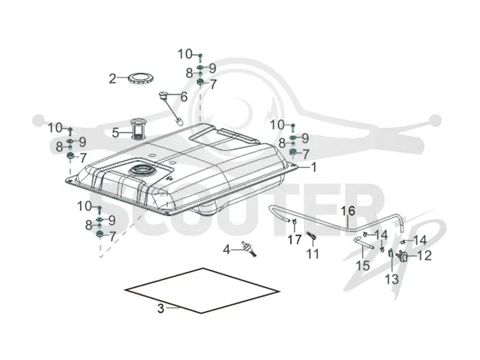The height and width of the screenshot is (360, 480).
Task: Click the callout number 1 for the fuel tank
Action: pyautogui.click(x=313, y=167)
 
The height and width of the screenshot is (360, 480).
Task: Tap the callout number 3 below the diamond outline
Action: pyautogui.click(x=161, y=308)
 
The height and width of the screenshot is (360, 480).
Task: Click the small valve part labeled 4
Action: pyautogui.click(x=248, y=248)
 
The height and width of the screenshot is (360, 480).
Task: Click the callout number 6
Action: pyautogui.click(x=184, y=97)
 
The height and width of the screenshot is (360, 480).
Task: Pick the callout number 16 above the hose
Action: pyautogui.click(x=348, y=211)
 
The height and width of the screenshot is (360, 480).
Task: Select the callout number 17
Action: pyautogui.click(x=295, y=239)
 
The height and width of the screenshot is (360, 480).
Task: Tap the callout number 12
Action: pyautogui.click(x=424, y=256)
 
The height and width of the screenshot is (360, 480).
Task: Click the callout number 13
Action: pyautogui.click(x=392, y=279)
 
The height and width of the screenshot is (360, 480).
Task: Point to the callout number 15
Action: pyautogui.click(x=362, y=265)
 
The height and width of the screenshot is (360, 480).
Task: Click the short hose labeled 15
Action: pyautogui.click(x=364, y=244)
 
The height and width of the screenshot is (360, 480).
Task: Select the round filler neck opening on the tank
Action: pyautogui.click(x=141, y=171)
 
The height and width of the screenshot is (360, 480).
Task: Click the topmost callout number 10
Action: pyautogui.click(x=185, y=55)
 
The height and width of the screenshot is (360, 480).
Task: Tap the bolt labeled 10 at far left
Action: pyautogui.click(x=70, y=131)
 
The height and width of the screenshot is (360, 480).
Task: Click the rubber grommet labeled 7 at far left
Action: pyautogui.click(x=71, y=157)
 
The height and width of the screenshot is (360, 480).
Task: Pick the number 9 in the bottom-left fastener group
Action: pyautogui.click(x=112, y=220)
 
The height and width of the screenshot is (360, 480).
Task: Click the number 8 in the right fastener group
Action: pyautogui.click(x=282, y=143)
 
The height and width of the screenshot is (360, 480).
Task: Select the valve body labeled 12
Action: pyautogui.click(x=403, y=257)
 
